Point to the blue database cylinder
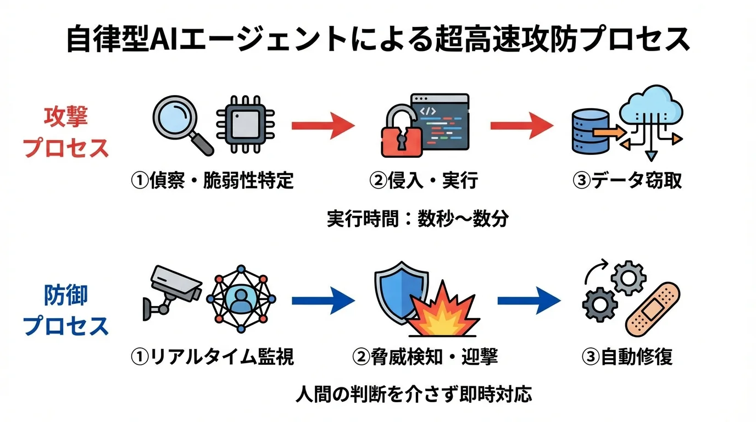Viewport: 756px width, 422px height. tap(590, 132)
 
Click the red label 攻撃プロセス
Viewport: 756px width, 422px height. tap(66, 132)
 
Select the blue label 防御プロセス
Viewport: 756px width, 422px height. tap(66, 310)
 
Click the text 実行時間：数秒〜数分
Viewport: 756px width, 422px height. tap(418, 219)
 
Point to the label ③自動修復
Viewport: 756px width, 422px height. tap(627, 357)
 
